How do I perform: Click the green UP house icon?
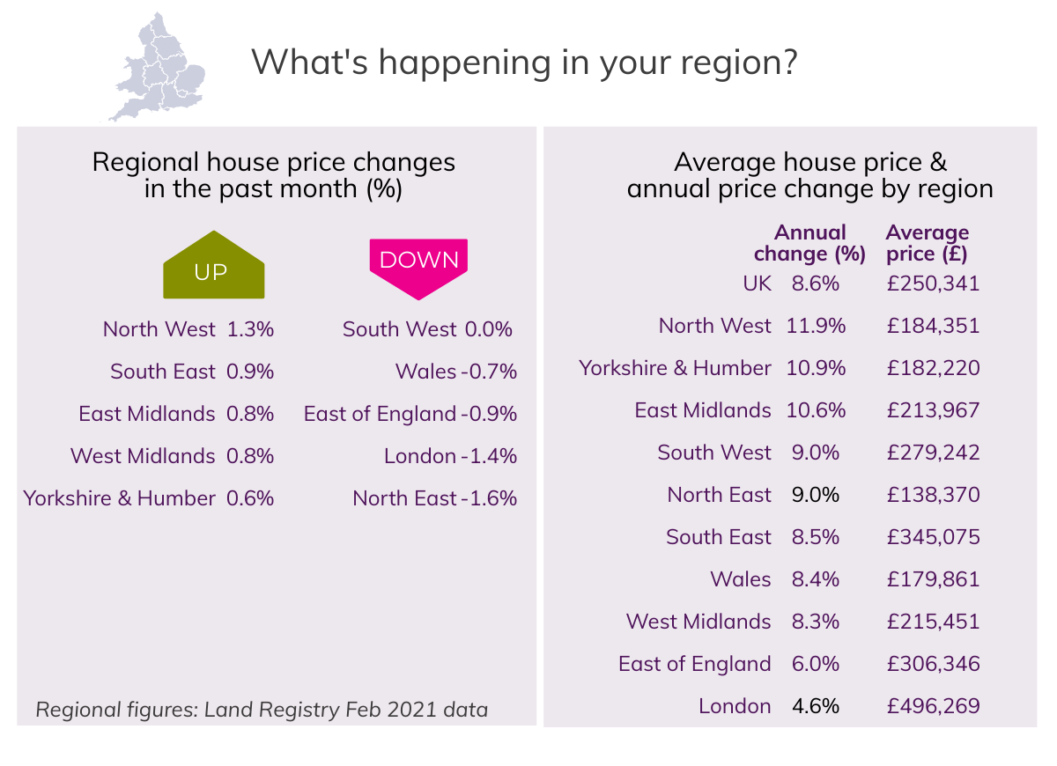pos(213,266)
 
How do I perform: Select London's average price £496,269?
pos(933,706)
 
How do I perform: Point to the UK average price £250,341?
pos(933,284)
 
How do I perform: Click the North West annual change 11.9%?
pos(816,326)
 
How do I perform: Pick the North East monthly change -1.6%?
pos(489,498)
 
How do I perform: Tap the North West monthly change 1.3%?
pos(250,329)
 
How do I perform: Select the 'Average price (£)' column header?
pos(928,244)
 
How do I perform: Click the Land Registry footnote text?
pos(262,709)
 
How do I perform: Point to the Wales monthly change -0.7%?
pos(489,372)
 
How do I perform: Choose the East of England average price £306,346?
pos(933,664)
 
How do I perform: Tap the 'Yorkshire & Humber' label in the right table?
pos(675,368)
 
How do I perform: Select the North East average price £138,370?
pos(933,495)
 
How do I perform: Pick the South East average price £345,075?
pos(933,537)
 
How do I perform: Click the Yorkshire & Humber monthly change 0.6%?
pos(250,498)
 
